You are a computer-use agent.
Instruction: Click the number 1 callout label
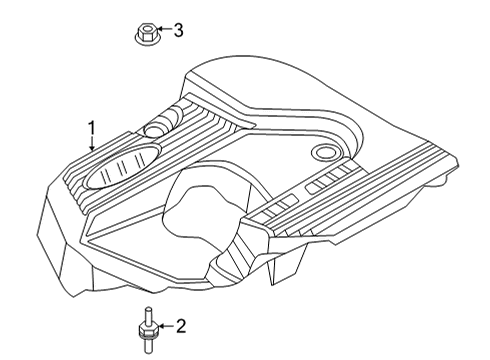click(91, 128)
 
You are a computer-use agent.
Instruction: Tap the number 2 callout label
click(181, 324)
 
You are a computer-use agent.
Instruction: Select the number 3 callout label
click(179, 31)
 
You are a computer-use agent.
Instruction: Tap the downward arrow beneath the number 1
click(91, 144)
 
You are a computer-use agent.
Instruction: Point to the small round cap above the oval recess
click(156, 128)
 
